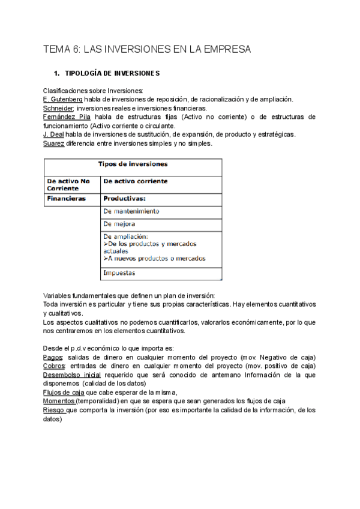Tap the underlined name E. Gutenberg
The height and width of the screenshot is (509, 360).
pyautogui.click(x=63, y=99)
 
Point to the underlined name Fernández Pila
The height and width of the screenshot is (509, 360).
pyautogui.click(x=67, y=117)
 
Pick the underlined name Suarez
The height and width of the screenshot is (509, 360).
pyautogui.click(x=54, y=143)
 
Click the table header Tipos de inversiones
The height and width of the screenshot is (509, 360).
pyautogui.click(x=133, y=164)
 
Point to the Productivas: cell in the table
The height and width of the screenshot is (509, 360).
pyautogui.click(x=125, y=198)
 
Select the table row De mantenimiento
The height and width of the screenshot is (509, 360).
pyautogui.click(x=131, y=211)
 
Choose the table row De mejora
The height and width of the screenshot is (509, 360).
pyautogui.click(x=119, y=224)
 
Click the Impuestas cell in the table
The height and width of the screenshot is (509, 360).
pyautogui.click(x=119, y=273)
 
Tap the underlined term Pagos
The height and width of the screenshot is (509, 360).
pyautogui.click(x=53, y=357)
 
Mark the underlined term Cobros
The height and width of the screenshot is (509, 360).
pyautogui.click(x=55, y=366)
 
